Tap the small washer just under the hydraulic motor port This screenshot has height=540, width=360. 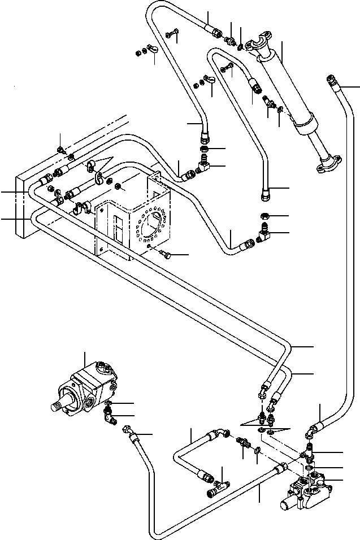(x=108, y=403)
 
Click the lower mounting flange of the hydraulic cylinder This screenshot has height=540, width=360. (x=326, y=164)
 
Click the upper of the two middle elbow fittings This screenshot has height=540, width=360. (x=202, y=166)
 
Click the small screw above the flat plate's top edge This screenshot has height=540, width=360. (x=60, y=150)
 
